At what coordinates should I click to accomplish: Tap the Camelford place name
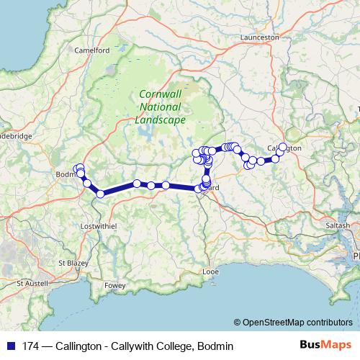coord(92,50)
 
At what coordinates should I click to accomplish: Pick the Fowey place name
coord(115,285)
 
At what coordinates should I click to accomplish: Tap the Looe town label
coord(210,272)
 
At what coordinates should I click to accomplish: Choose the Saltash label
coord(338,225)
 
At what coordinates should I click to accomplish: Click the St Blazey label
coord(72,262)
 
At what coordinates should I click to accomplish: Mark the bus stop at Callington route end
coord(282,147)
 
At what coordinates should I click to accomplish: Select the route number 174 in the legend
coord(30,346)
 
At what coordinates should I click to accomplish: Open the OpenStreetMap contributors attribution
coord(297,323)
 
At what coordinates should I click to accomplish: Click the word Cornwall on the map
coord(160,94)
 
